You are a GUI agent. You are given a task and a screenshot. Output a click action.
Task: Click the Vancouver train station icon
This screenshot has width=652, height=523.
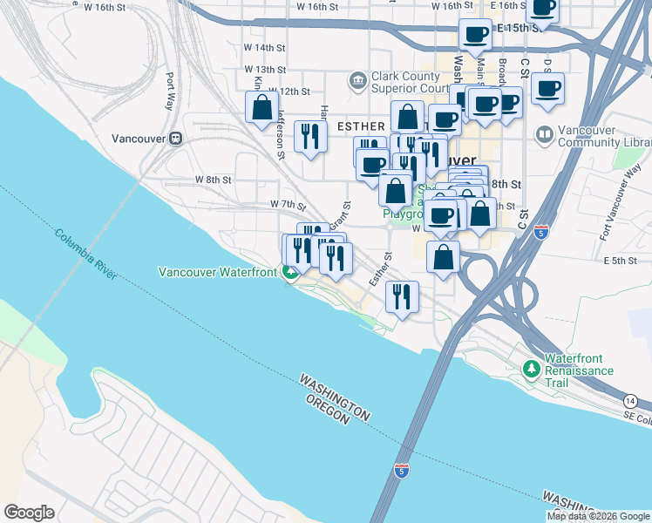[x=175, y=138]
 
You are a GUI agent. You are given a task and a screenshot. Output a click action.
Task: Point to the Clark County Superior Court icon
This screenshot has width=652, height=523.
[x=357, y=82]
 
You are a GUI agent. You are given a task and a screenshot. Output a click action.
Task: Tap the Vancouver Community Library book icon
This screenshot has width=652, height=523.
[x=545, y=135]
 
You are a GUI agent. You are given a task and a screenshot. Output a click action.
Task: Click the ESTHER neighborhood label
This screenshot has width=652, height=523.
[x=360, y=126]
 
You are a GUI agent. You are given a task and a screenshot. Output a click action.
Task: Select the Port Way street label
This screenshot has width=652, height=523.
[x=172, y=87]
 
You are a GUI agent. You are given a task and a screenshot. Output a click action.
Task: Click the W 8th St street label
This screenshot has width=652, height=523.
[x=213, y=180]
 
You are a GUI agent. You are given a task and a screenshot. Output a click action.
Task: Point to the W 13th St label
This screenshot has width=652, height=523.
[x=265, y=69]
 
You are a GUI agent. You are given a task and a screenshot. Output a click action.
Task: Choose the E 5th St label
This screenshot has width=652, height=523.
[x=620, y=261]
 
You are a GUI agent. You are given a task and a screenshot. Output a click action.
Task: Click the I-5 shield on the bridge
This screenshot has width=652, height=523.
[x=402, y=471]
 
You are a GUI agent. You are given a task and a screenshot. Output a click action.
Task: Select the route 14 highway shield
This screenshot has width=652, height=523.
[x=628, y=400]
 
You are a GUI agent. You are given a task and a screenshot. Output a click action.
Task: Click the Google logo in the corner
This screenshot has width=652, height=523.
[x=29, y=513]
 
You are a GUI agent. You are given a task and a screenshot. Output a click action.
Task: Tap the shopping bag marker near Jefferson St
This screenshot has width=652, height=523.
[x=261, y=108]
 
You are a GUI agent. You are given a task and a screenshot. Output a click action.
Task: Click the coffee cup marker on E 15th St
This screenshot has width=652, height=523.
[x=476, y=35]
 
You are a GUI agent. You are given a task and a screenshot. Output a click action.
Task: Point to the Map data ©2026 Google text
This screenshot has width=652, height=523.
[x=598, y=516]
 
